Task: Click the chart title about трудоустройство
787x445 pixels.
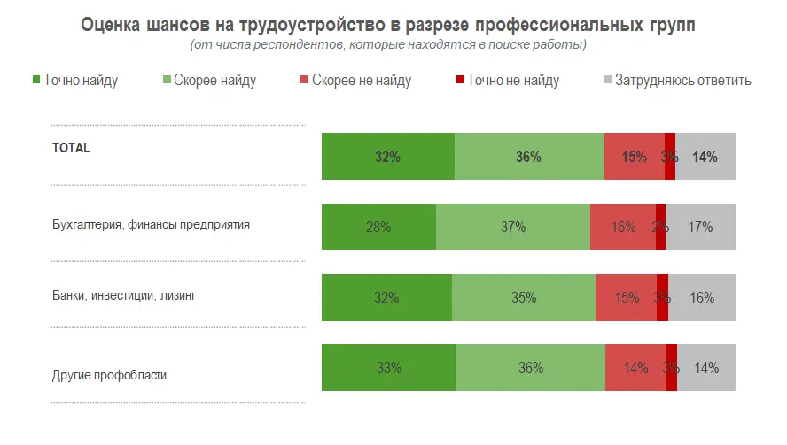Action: (388, 25)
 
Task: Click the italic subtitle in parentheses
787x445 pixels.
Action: (388, 44)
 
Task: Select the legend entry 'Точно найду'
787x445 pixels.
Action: (74, 81)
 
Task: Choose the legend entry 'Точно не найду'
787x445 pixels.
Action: (507, 81)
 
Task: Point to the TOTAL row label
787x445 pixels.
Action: (72, 149)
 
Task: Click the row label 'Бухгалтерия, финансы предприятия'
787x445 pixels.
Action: (151, 224)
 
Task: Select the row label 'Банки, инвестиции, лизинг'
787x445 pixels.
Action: (124, 295)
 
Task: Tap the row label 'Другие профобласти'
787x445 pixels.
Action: (110, 375)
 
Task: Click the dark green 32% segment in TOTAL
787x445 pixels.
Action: (387, 157)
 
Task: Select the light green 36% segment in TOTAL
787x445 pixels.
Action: (529, 157)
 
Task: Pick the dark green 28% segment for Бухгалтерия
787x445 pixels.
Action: (378, 226)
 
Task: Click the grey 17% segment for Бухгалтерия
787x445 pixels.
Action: (700, 226)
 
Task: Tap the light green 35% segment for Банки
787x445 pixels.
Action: (524, 297)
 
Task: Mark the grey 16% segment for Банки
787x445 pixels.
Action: (702, 297)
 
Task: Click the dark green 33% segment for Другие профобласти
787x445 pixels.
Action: (389, 367)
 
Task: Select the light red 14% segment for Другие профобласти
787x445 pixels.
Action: (635, 367)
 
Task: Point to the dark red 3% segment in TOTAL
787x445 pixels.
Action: (670, 157)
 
